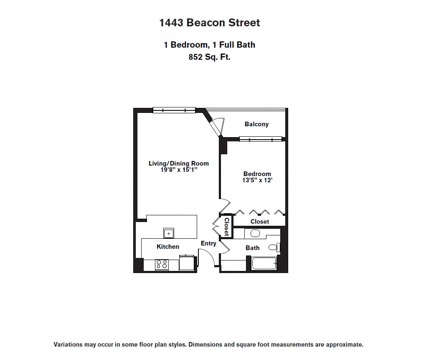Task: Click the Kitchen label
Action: click(168, 247)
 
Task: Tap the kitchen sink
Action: click(169, 233)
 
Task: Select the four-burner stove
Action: click(161, 264)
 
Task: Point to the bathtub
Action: click(264, 264)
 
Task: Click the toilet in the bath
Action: click(273, 248)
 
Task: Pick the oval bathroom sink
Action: click(255, 233)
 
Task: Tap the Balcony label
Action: click(256, 124)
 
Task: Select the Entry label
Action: click(208, 243)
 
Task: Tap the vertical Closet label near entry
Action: click(226, 227)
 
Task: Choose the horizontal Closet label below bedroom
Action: click(260, 222)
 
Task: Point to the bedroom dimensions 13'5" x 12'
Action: click(257, 180)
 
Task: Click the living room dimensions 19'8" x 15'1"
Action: click(179, 169)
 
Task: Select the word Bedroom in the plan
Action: click(257, 174)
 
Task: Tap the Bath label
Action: click(252, 248)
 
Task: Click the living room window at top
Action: click(174, 110)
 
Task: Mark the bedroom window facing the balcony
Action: click(261, 139)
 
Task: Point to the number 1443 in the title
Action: click(171, 23)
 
